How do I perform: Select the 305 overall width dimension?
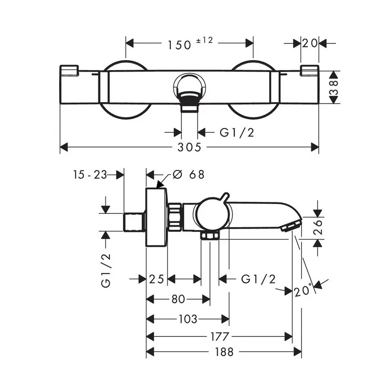(189, 147)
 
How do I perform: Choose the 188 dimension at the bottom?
(224, 352)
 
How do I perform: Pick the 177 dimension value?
(219, 336)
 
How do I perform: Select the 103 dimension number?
(187, 319)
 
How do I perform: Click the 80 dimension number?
(178, 299)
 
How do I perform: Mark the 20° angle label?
(304, 290)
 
